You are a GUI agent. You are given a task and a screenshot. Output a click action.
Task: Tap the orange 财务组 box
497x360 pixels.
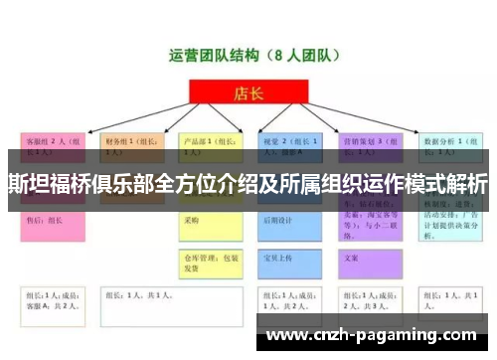132,146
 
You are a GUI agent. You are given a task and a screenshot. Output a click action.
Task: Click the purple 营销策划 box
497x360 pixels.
371,146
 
